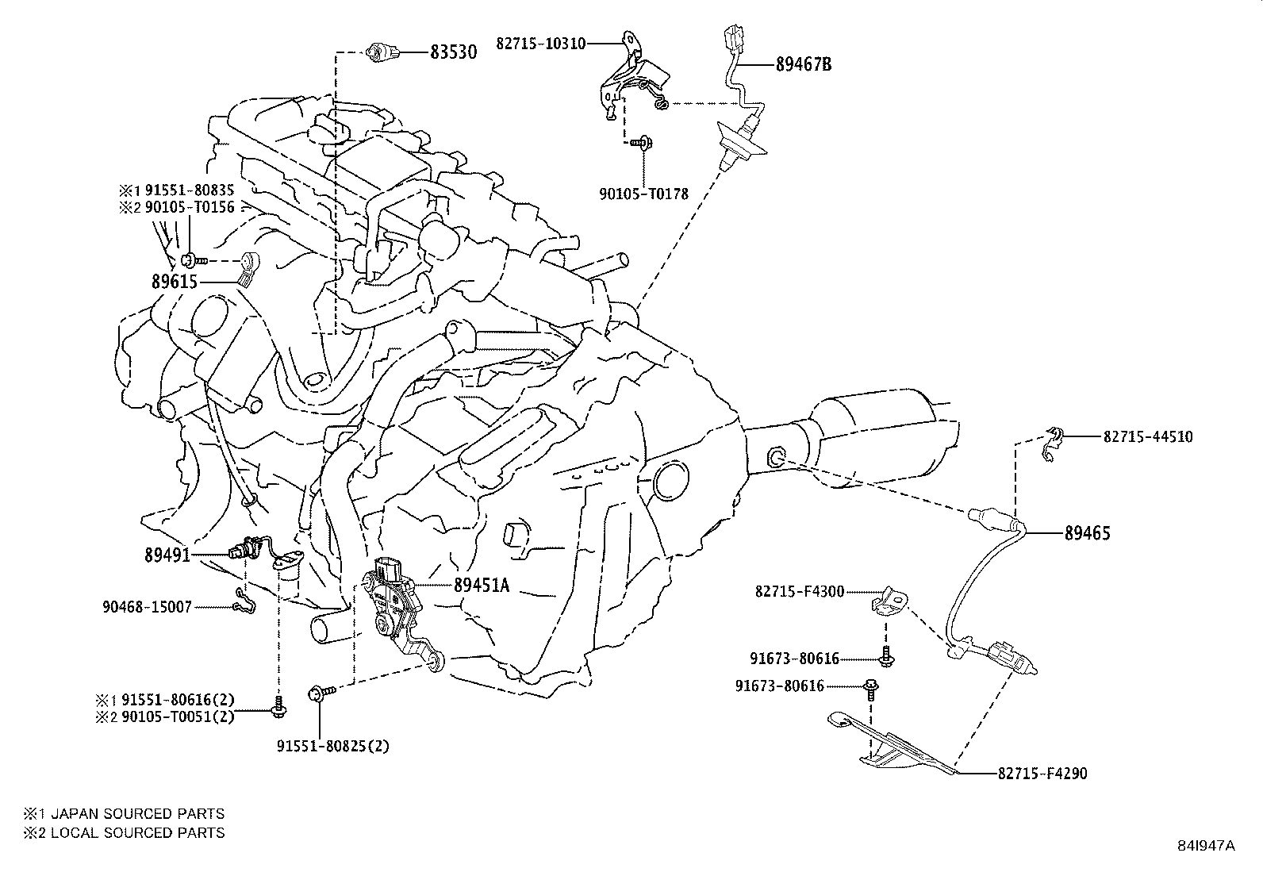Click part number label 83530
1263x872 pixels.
[453, 53]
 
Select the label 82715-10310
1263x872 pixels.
[540, 43]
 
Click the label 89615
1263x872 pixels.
[175, 282]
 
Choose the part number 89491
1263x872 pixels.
[167, 555]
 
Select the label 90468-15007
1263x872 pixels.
[147, 607]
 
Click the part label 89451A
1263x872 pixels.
[481, 586]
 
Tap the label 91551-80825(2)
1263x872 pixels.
[333, 747]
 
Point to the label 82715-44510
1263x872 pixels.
[1147, 436]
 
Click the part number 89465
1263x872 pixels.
[1087, 534]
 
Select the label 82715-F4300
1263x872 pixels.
[799, 591]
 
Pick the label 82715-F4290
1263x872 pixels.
[1042, 773]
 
